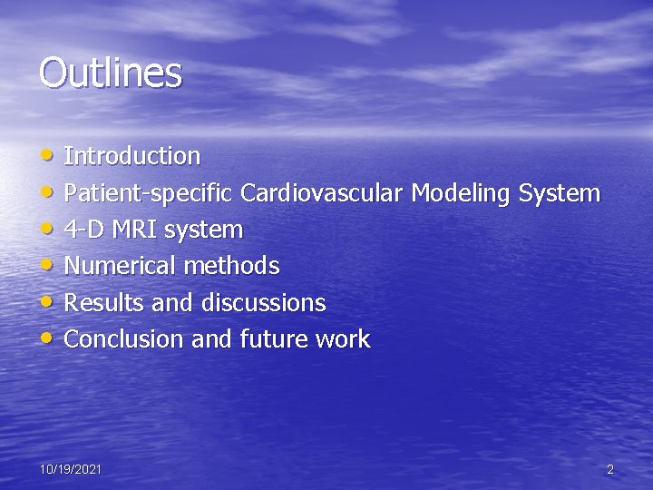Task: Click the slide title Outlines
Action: [x=110, y=73]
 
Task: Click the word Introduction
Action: [x=132, y=156]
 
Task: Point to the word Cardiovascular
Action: [x=324, y=193]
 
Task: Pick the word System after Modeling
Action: [x=559, y=193]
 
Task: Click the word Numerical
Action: [x=121, y=266]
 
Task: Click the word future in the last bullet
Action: [x=272, y=339]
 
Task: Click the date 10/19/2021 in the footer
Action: [x=71, y=469]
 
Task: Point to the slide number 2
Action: [x=610, y=469]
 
